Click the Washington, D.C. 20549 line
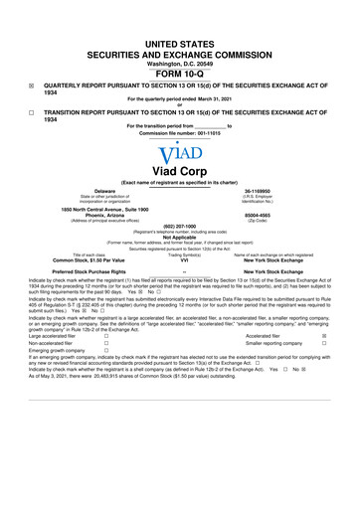180,36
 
